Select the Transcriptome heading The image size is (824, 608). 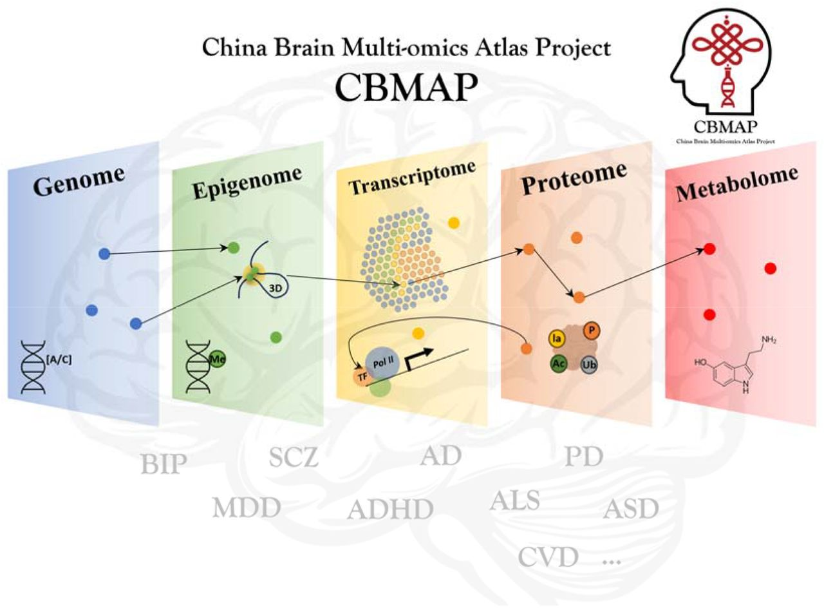coord(412,176)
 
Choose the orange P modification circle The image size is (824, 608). coord(592,330)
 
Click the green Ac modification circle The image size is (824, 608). coord(559,364)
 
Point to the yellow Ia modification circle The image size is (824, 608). coord(557,336)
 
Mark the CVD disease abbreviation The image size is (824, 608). coord(548,558)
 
